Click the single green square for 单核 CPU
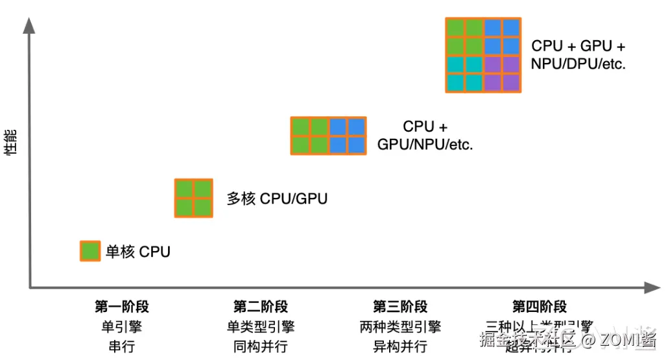[x=90, y=251]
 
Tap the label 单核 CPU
[x=138, y=252]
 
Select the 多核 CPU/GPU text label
[x=277, y=198]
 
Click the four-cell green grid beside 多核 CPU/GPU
[x=194, y=198]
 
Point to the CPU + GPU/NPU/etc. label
[x=425, y=136]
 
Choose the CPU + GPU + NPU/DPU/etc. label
[x=579, y=55]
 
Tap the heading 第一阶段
[x=122, y=307]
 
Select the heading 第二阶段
[x=261, y=307]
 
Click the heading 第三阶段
[x=400, y=307]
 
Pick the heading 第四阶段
[x=540, y=307]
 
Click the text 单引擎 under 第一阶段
[x=122, y=327]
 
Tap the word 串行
[x=122, y=346]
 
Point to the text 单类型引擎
[x=261, y=327]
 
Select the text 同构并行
[x=261, y=346]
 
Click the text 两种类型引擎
[x=400, y=327]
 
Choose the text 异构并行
[x=400, y=346]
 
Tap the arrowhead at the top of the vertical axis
[x=29, y=25]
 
